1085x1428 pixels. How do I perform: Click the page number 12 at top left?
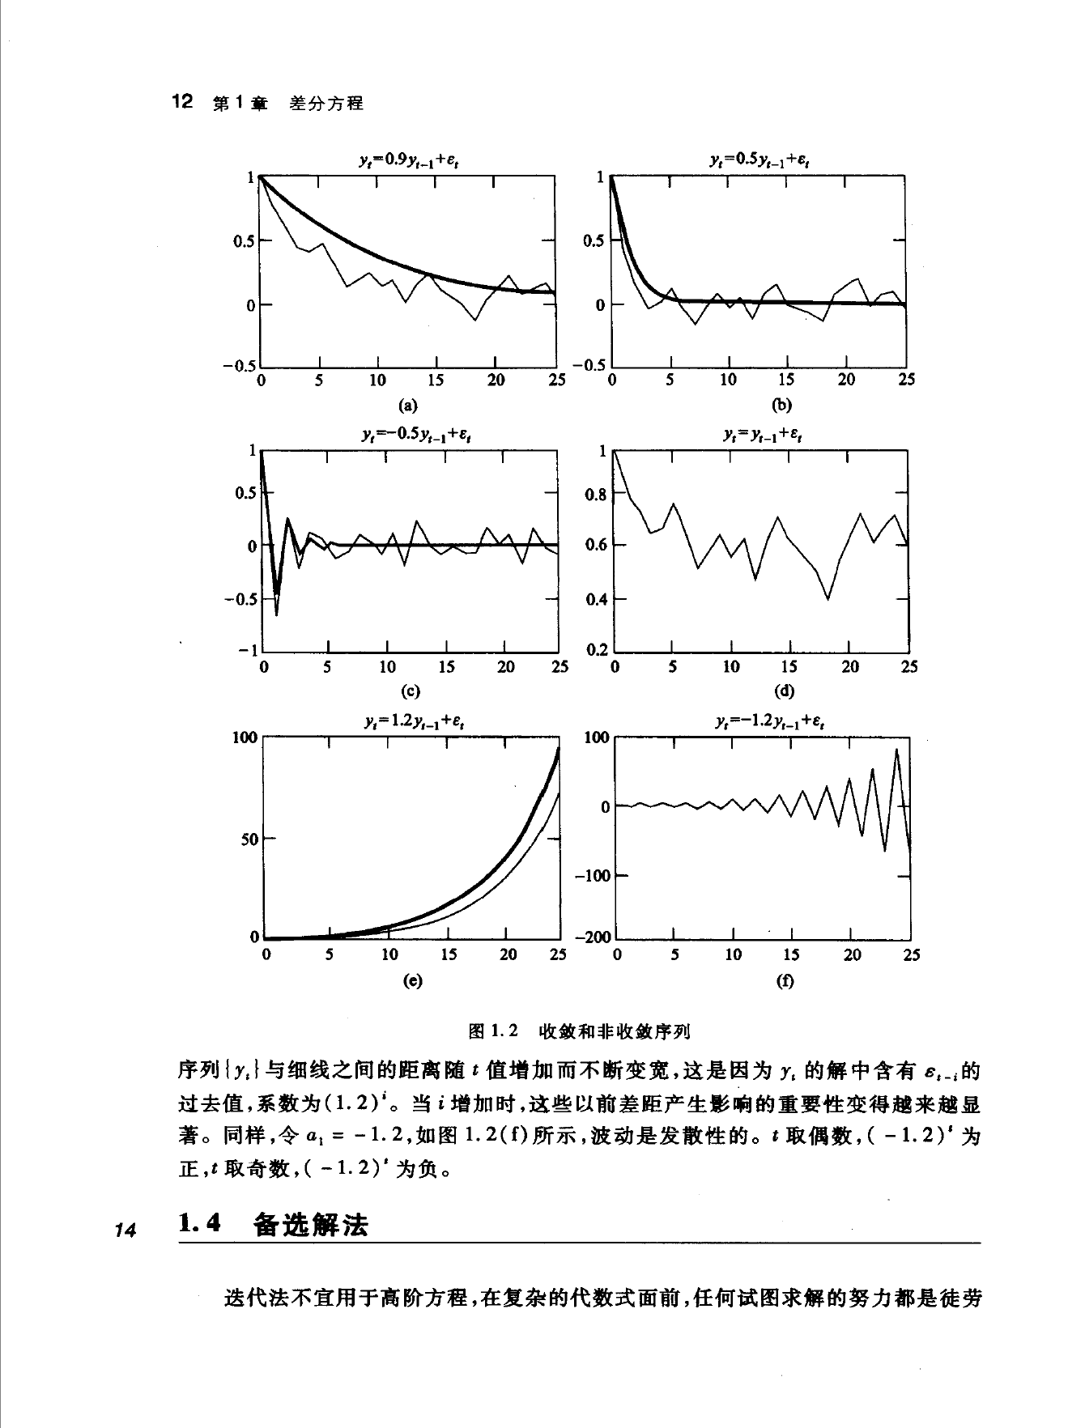click(x=182, y=102)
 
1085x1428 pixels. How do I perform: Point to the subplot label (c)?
click(x=410, y=691)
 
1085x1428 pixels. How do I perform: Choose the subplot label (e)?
click(x=412, y=980)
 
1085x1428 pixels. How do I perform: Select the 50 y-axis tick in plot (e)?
click(x=249, y=839)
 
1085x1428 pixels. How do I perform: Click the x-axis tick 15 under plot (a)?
click(x=436, y=380)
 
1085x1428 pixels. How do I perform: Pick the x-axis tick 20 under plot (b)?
click(x=846, y=380)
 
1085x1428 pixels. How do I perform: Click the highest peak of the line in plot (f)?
click(x=896, y=750)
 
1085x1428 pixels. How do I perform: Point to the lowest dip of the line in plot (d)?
click(x=828, y=599)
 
